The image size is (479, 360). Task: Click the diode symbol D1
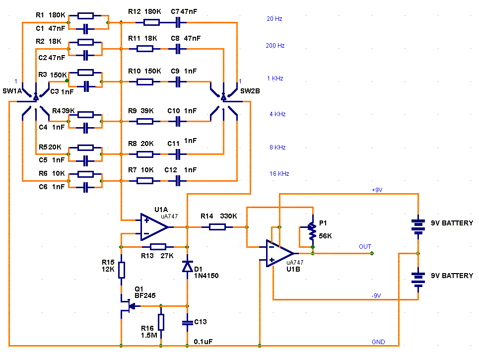coord(187,266)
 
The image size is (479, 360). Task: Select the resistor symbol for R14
coord(217,227)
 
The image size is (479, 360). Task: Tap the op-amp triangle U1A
coord(154,227)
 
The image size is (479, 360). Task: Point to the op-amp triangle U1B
coord(280,253)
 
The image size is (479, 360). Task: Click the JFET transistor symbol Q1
coord(128,306)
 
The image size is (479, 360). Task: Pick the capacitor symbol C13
coord(187,323)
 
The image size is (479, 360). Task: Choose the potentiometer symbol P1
coord(312,231)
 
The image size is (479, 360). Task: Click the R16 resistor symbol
coord(161,322)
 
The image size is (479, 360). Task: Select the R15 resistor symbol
coord(121,270)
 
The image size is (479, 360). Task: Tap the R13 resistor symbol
coord(158,247)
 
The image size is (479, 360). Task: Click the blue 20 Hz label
coord(274,19)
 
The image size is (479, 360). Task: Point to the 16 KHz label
coord(279,174)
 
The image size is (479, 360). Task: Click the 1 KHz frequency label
coord(275,78)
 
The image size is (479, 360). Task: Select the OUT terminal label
coord(365,247)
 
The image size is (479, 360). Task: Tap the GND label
coord(378,342)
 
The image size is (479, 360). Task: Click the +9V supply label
coord(377,190)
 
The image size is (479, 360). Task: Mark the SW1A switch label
coord(12,91)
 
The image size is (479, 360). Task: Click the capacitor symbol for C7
coord(178,22)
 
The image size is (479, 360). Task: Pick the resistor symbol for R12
coord(151,22)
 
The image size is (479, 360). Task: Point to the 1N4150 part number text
coord(206,276)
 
